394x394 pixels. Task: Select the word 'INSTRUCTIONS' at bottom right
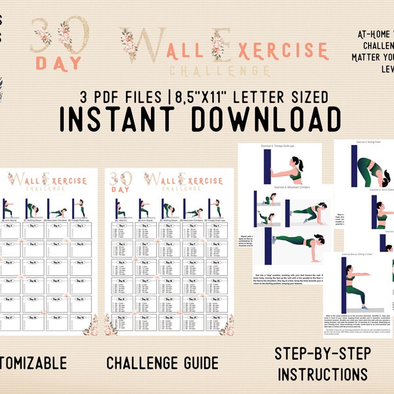point(322,375)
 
